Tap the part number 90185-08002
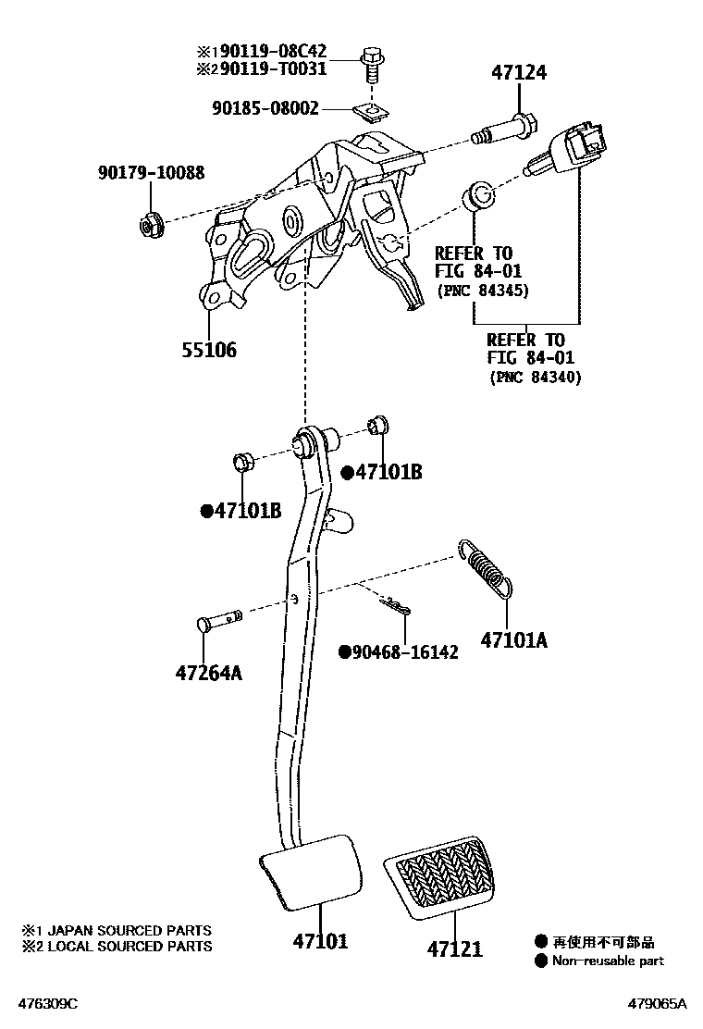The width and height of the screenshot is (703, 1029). (x=264, y=109)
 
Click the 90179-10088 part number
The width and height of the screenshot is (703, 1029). (x=151, y=173)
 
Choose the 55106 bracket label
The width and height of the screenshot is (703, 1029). (x=208, y=350)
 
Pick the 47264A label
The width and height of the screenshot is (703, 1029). (x=208, y=673)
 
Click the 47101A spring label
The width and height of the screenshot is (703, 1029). (x=513, y=638)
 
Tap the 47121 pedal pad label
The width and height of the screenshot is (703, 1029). (x=455, y=948)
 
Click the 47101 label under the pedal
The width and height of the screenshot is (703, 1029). (x=320, y=941)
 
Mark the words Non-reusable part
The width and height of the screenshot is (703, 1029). (x=608, y=961)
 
